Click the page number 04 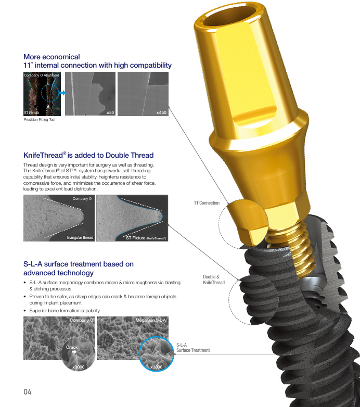click(x=28, y=392)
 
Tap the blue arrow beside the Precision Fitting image click(x=62, y=93)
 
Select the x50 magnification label click(x=110, y=112)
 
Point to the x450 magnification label click(x=161, y=112)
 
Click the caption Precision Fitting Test click(x=40, y=119)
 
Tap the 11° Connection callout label click(x=207, y=203)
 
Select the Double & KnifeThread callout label click(x=214, y=279)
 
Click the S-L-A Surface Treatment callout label click(x=193, y=348)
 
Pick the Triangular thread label click(x=80, y=237)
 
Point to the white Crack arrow click(x=74, y=352)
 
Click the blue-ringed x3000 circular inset click(x=156, y=354)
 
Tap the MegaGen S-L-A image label click(x=150, y=320)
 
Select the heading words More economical click(x=52, y=57)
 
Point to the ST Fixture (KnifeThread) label click(x=146, y=238)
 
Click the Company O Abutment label click(x=42, y=75)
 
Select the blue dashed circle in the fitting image click(x=50, y=93)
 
